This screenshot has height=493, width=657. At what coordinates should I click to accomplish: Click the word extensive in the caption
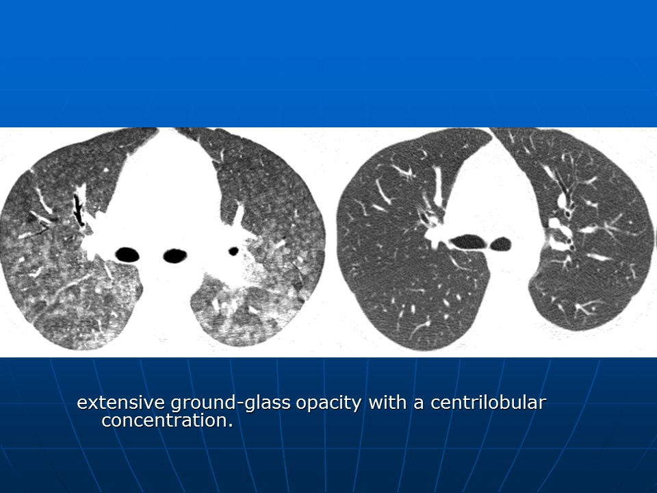pyautogui.click(x=120, y=403)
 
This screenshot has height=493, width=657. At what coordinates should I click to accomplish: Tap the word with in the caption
pyautogui.click(x=387, y=402)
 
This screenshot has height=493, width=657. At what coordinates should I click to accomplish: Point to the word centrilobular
pyautogui.click(x=488, y=402)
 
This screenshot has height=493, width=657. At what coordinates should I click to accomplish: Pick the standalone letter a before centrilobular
pyautogui.click(x=419, y=404)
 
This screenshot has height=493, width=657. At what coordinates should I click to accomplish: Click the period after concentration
pyautogui.click(x=230, y=425)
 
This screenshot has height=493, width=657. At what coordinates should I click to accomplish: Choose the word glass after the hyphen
pyautogui.click(x=268, y=403)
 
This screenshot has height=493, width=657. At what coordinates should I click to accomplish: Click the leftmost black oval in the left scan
pyautogui.click(x=127, y=255)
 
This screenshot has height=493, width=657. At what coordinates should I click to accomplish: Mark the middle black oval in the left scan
pyautogui.click(x=175, y=255)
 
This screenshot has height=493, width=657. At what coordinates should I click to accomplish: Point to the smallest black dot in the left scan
pyautogui.click(x=233, y=251)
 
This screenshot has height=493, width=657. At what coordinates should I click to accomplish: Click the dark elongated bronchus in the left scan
pyautogui.click(x=78, y=210)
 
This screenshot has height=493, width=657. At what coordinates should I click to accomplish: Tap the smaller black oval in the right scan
pyautogui.click(x=500, y=244)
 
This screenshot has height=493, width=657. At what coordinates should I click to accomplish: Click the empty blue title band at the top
pyautogui.click(x=328, y=64)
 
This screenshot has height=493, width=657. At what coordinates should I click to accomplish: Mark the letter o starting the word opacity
pyautogui.click(x=301, y=404)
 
